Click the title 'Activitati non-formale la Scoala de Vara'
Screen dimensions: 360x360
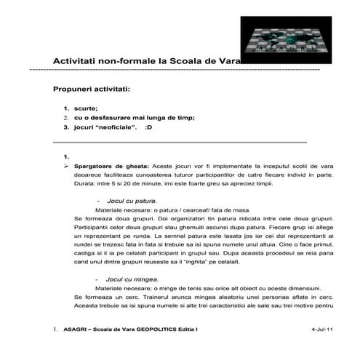tap(145, 61)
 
